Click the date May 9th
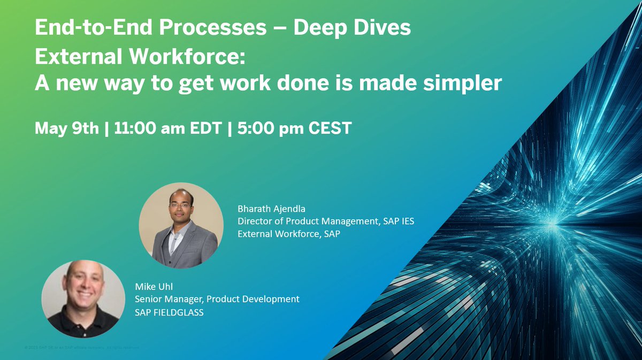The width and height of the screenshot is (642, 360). [x=67, y=129]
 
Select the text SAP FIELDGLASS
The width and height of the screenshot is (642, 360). [x=169, y=312]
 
